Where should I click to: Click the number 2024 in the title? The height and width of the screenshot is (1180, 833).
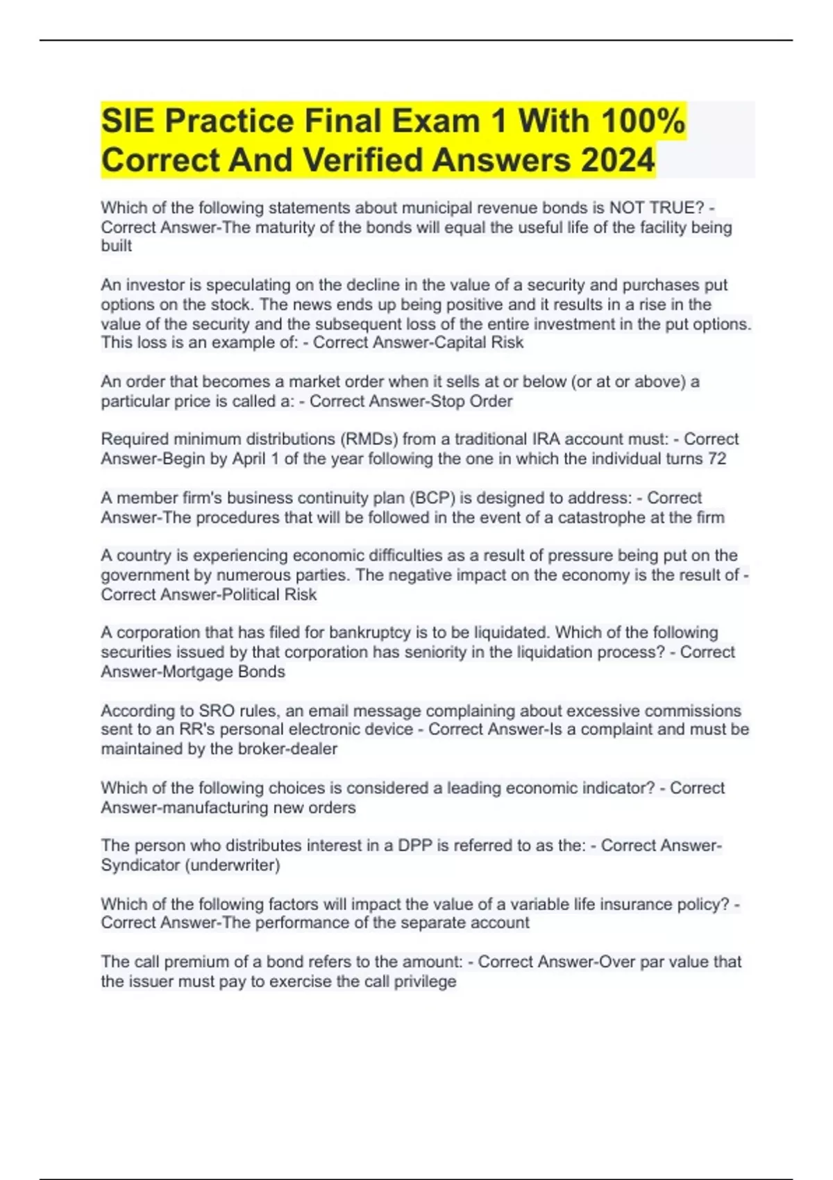618,160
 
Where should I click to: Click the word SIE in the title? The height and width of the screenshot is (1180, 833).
128,121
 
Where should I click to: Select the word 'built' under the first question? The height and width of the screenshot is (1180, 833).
116,246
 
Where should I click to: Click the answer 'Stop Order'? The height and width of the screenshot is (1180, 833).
472,401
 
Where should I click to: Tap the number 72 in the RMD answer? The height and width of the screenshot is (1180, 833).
717,459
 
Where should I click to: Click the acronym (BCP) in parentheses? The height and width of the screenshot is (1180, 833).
431,498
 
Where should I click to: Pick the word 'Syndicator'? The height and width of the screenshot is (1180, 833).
140,865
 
